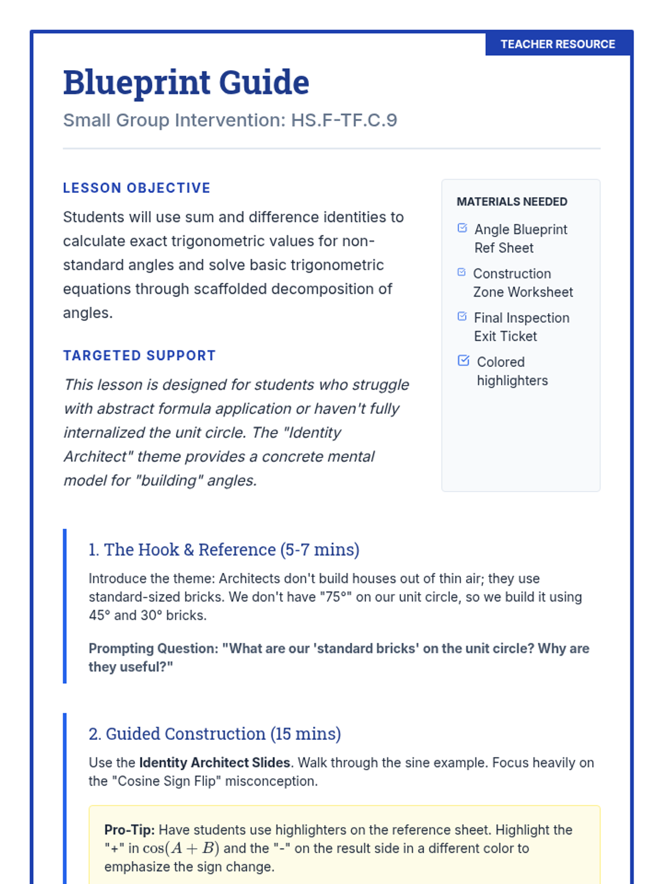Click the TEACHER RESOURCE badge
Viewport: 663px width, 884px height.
557,44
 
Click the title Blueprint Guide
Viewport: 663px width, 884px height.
186,82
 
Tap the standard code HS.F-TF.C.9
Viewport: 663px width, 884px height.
344,120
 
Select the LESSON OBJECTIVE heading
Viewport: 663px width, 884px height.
136,188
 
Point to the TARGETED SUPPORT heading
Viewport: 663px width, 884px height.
139,355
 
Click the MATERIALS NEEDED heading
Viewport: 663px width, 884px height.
512,202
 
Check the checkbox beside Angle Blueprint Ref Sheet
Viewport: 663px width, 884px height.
462,228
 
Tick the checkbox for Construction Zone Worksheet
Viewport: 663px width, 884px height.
462,272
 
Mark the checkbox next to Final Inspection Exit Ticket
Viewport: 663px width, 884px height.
462,317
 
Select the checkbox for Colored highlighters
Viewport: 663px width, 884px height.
464,361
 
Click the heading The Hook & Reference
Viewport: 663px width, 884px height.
224,550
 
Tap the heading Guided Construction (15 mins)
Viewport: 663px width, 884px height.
215,734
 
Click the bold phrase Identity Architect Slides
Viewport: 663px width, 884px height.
214,762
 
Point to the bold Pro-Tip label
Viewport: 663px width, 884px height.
129,830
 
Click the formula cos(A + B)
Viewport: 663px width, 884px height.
181,848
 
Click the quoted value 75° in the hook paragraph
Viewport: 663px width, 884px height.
336,597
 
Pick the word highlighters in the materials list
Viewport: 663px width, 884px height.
512,381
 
